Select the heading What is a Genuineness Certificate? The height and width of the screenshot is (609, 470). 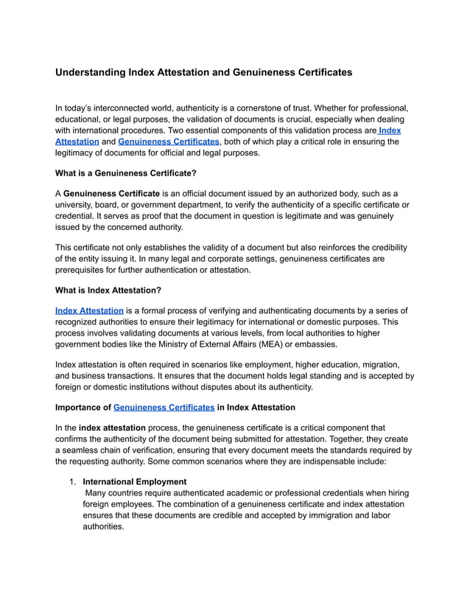tap(126, 173)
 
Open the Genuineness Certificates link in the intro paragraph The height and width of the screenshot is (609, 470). tap(169, 141)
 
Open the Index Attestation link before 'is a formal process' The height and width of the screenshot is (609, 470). tap(89, 310)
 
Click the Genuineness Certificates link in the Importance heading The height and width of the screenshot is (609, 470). tap(164, 407)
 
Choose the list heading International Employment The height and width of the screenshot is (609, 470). tap(135, 481)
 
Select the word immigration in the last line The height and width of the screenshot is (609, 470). tap(309, 515)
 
